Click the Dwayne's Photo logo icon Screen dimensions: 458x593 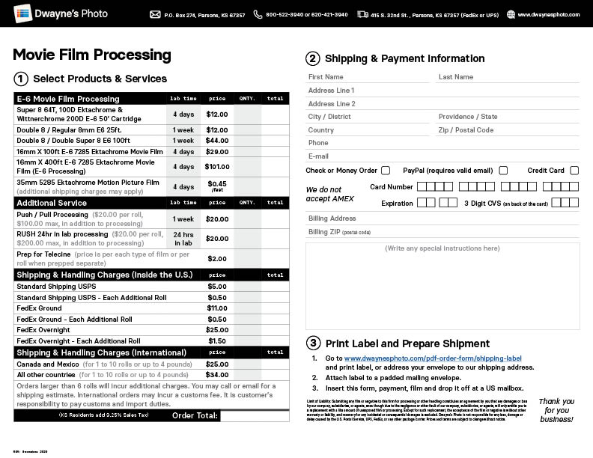22,13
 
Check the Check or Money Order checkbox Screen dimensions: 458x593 386,171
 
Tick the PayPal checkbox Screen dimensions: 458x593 503,171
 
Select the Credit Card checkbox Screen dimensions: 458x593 574,171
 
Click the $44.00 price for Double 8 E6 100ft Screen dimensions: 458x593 217,141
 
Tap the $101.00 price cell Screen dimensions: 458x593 217,167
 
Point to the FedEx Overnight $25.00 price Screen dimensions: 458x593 217,330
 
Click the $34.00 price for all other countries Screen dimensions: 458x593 217,375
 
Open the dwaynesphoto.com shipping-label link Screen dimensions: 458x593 433,358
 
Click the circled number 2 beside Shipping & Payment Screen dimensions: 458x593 312,58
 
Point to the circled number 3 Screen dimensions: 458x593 312,343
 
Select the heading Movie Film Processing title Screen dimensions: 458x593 92,55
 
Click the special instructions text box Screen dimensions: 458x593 442,288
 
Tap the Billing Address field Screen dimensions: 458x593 442,219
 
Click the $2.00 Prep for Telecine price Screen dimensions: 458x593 217,259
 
